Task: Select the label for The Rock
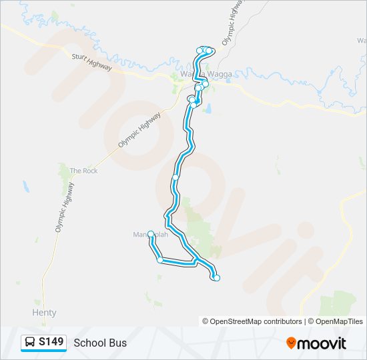pyautogui.click(x=84, y=171)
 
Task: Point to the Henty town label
pyautogui.click(x=44, y=313)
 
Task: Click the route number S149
pyautogui.click(x=51, y=342)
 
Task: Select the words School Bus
pyautogui.click(x=100, y=343)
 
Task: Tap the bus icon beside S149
pyautogui.click(x=30, y=343)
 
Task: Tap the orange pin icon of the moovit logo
pyautogui.click(x=291, y=343)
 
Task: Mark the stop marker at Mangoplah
pyautogui.click(x=151, y=234)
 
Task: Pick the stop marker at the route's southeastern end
pyautogui.click(x=216, y=278)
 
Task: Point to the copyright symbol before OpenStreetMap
pyautogui.click(x=206, y=321)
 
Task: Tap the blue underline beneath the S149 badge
pyautogui.click(x=44, y=351)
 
